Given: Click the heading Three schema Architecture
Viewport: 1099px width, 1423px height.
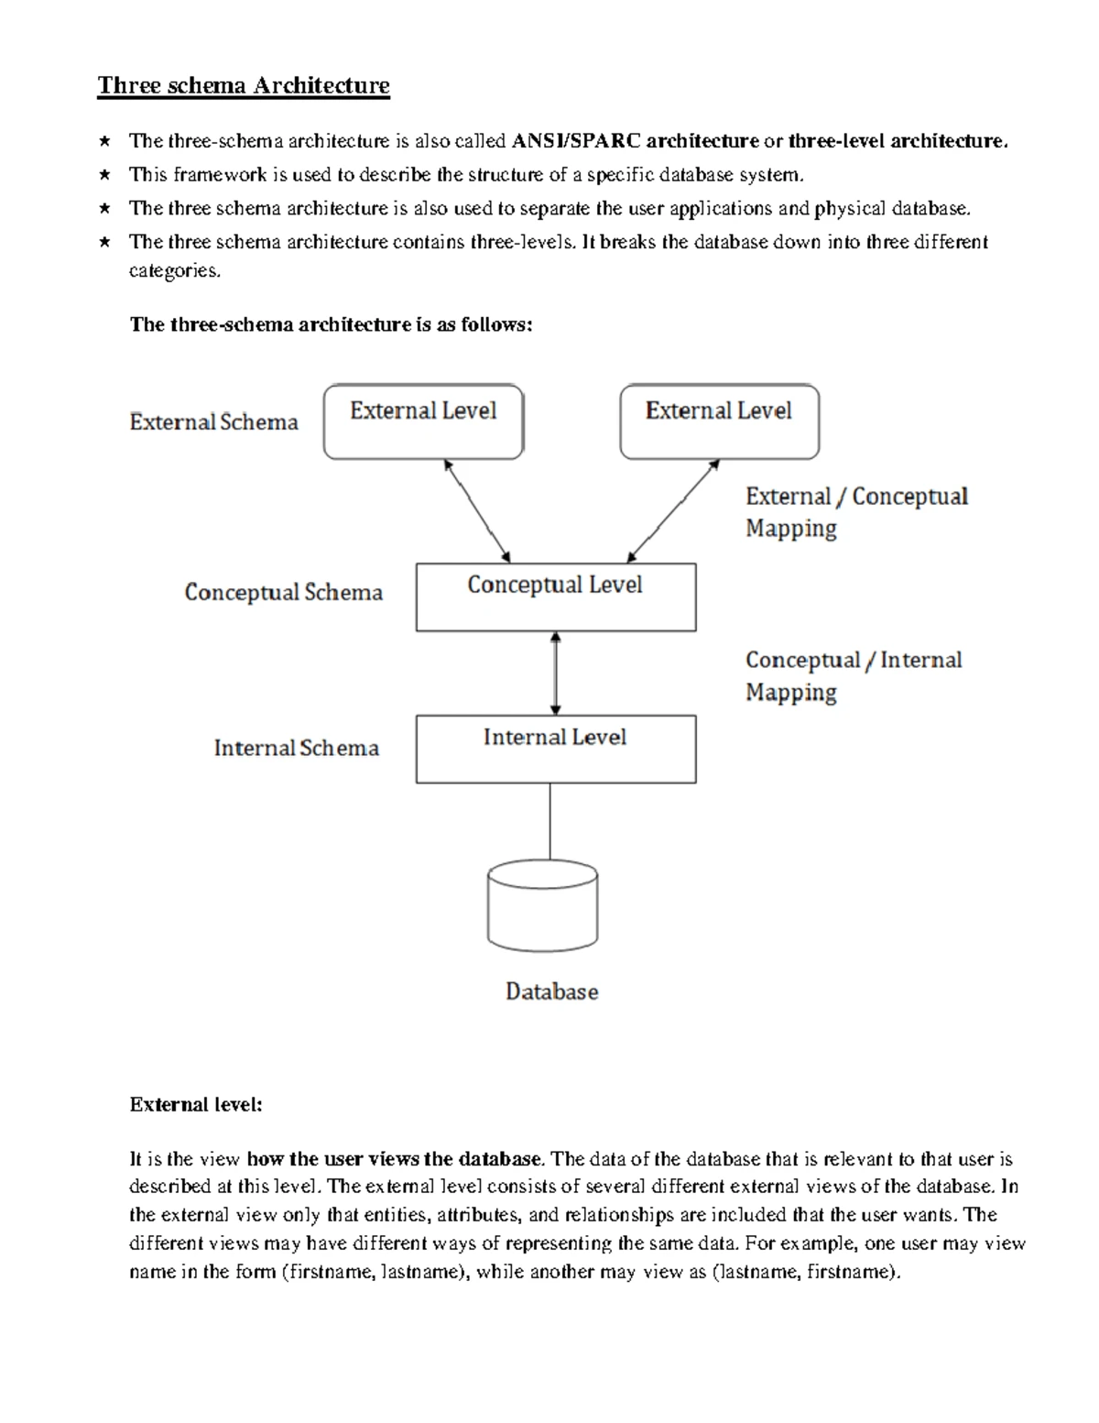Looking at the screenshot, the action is tap(244, 86).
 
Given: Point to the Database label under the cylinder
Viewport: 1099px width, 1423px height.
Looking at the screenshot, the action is tap(552, 991).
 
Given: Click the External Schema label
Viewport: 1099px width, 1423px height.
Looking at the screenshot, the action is tap(214, 421).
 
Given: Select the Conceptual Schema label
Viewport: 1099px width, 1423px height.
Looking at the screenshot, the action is tap(283, 593).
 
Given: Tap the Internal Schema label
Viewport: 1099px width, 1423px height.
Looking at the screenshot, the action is tap(297, 748).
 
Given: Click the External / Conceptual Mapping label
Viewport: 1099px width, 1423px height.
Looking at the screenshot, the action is tap(857, 512).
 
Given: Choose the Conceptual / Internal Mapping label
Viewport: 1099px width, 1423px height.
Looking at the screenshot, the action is tap(854, 676).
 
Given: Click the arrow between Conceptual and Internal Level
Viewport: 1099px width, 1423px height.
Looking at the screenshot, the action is tap(555, 673).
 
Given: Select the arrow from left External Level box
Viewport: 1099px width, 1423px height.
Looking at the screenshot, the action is tap(477, 511).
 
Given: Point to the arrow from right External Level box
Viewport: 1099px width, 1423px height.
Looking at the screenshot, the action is tap(673, 511).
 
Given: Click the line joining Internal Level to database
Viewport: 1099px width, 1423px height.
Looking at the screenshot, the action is tap(549, 822).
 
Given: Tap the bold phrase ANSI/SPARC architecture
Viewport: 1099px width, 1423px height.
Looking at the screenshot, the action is tap(635, 141).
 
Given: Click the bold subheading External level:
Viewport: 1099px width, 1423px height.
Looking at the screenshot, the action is tap(196, 1105).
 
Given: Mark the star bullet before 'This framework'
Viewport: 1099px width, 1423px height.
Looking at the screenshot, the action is tap(104, 174).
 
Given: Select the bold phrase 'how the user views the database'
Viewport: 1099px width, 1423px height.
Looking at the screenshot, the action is tap(395, 1159).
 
